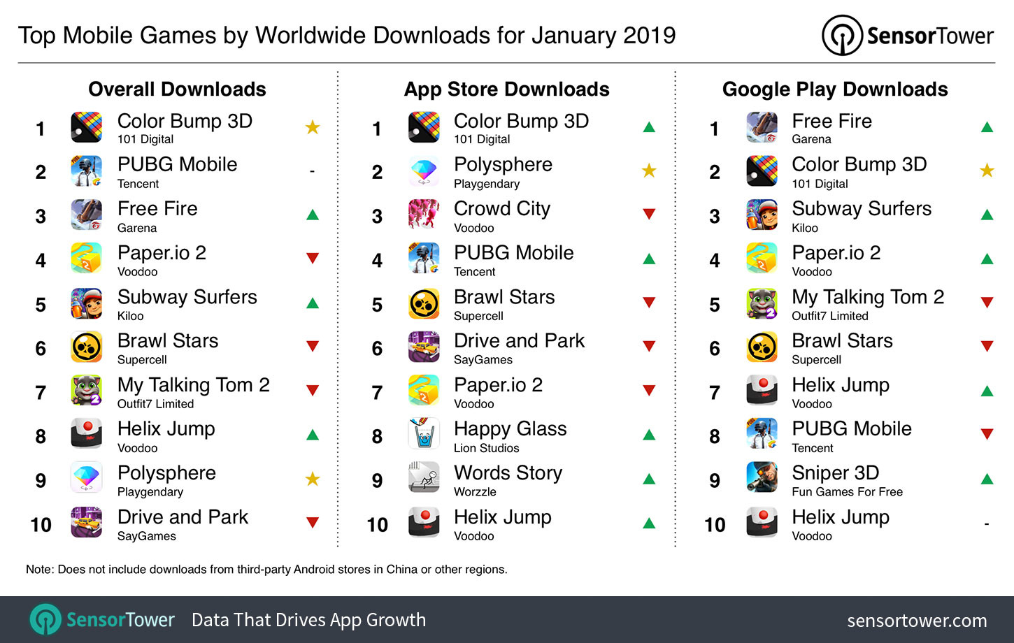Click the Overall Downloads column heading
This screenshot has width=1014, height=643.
click(177, 89)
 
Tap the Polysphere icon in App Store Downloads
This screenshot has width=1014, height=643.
click(424, 171)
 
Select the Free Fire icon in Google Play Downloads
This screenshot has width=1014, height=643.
click(762, 128)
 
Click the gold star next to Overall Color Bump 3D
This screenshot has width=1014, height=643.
click(313, 127)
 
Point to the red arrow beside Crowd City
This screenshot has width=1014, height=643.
click(649, 214)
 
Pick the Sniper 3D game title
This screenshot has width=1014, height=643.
click(835, 473)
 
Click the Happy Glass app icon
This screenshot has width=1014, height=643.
click(424, 435)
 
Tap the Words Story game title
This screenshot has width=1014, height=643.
click(508, 473)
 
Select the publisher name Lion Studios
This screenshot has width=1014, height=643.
click(486, 448)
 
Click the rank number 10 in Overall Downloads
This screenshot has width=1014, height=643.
click(41, 525)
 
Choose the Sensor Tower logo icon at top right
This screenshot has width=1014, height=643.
click(842, 35)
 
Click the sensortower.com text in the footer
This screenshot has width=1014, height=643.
click(917, 621)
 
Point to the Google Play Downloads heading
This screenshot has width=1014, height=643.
click(835, 89)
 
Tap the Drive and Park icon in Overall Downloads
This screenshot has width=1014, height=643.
click(87, 523)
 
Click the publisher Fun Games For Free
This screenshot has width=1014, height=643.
click(847, 492)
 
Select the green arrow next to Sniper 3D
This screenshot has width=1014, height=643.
click(987, 479)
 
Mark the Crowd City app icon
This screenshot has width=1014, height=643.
click(424, 215)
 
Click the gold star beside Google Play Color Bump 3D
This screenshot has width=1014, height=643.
click(987, 171)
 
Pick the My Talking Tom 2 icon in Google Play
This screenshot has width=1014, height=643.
click(762, 303)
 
